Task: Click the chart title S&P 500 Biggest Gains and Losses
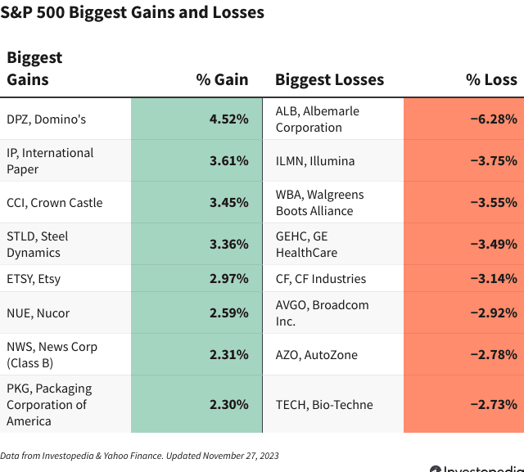point(132,12)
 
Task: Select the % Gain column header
point(222,79)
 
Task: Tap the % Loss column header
point(491,79)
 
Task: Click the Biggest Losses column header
point(329,79)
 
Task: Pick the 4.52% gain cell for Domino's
point(228,119)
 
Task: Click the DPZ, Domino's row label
point(46,119)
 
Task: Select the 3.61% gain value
point(228,161)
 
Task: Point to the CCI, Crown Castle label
point(54,203)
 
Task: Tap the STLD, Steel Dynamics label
point(38,245)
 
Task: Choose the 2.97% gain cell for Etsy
point(228,279)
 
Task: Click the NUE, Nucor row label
point(38,313)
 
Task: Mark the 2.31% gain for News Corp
point(228,355)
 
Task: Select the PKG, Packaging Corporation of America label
point(49,405)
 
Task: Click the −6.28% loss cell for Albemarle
point(493,119)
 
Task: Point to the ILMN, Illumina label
point(315,161)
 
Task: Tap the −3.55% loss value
point(493,203)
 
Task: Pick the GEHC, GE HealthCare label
point(306,245)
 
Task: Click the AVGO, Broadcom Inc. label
point(322,313)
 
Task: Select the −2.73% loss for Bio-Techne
point(493,405)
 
